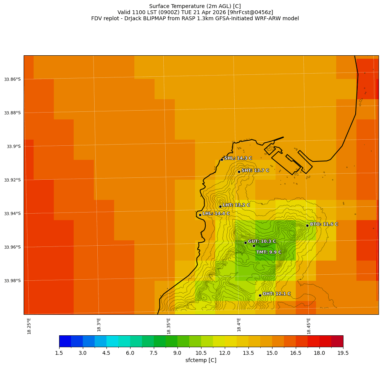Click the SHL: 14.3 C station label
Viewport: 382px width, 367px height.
pos(238,158)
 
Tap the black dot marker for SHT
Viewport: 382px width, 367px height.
pos(239,172)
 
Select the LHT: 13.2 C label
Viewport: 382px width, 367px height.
pos(236,205)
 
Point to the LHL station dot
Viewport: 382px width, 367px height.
pos(200,215)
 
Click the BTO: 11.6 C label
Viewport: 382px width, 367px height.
pos(324,224)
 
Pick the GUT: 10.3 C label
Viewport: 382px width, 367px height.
pos(261,241)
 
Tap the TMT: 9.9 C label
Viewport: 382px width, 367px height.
pos(268,252)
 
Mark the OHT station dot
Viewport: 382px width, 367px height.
pos(260,295)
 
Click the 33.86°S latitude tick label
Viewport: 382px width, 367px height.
pos(12,79)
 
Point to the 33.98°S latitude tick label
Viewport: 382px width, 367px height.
pos(12,281)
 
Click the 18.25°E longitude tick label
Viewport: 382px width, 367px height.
pos(29,326)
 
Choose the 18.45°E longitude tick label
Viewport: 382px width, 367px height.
pos(309,326)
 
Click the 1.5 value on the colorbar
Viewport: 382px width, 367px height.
pos(59,353)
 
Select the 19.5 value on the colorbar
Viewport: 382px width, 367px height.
pos(343,353)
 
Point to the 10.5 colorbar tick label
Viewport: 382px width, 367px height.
pos(201,353)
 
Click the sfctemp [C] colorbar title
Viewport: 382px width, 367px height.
pos(201,360)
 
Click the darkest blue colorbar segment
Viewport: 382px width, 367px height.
pos(65,341)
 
